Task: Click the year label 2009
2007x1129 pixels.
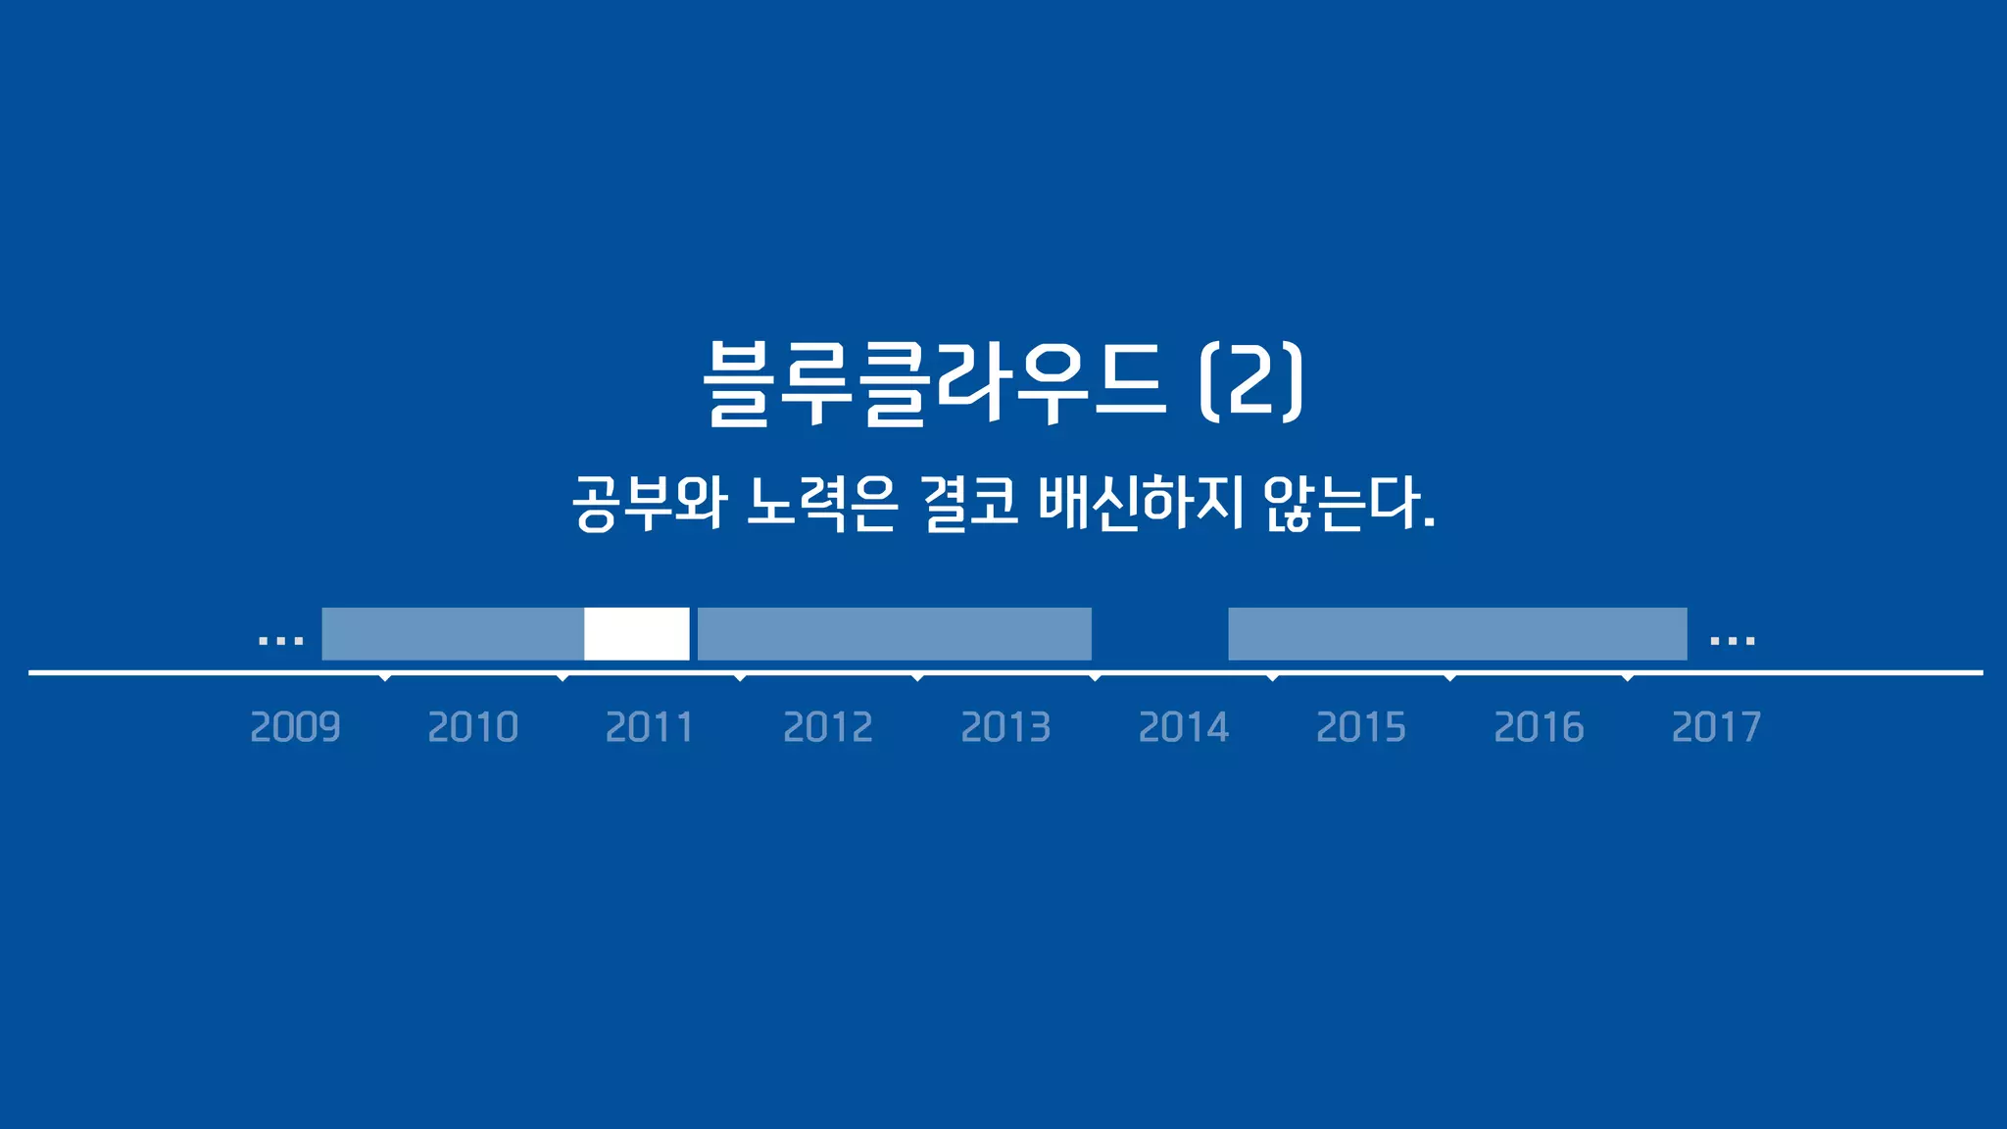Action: coord(295,727)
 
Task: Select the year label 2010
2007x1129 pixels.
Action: coord(472,727)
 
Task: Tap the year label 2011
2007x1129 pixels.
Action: coord(650,727)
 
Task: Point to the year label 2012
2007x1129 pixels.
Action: coord(828,727)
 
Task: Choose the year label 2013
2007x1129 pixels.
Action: coord(1005,727)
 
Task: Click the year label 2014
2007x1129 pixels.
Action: coord(1183,727)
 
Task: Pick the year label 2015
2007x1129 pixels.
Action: coord(1361,727)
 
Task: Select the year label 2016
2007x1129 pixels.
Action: coord(1539,727)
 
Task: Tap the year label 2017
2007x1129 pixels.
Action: coord(1716,727)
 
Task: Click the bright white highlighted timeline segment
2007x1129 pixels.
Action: coord(637,634)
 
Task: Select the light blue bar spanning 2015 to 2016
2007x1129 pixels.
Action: coord(1457,634)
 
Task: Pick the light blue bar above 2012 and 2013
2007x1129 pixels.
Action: coord(894,634)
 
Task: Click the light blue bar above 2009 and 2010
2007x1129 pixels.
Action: coord(453,634)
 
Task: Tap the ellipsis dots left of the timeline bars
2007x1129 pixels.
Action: coord(280,642)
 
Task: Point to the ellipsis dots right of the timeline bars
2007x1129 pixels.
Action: coord(1732,642)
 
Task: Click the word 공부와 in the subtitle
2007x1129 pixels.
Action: coord(649,504)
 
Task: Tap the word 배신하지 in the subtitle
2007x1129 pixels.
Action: coord(1141,504)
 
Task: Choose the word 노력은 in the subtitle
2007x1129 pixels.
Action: coord(821,504)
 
